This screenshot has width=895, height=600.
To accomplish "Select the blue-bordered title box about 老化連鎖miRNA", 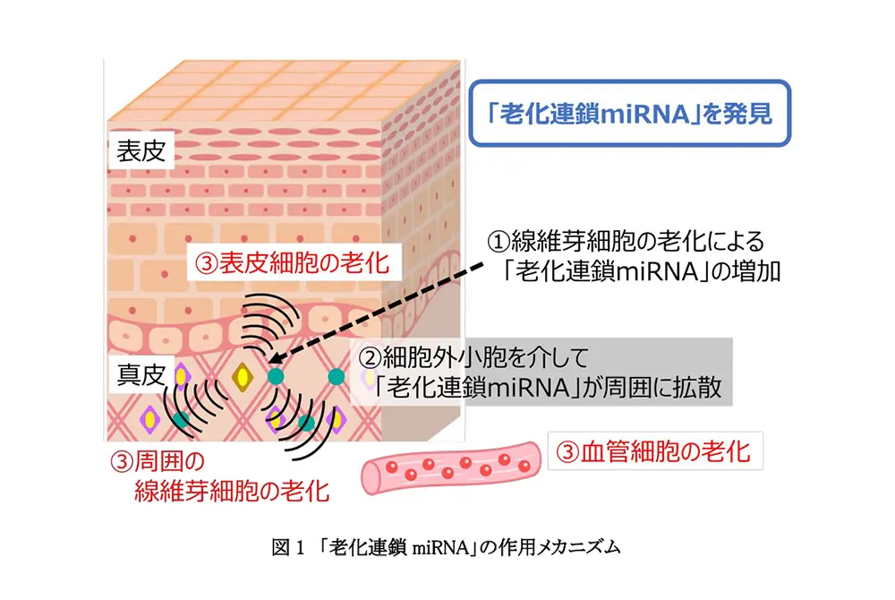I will (631, 114).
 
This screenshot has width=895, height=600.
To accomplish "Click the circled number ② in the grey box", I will (370, 359).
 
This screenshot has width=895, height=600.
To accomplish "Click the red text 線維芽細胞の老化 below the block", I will (231, 491).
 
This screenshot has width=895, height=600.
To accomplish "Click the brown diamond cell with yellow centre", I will (242, 378).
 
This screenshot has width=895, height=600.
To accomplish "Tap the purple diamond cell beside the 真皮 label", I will (182, 376).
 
